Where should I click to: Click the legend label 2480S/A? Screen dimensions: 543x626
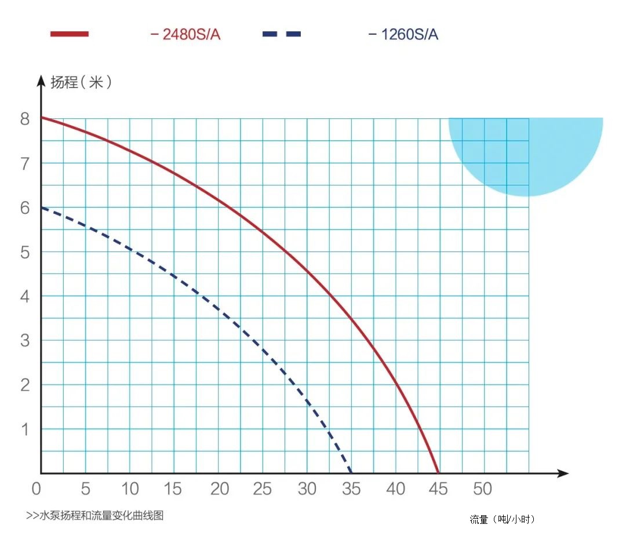click(191, 34)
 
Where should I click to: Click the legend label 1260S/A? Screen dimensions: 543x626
click(409, 34)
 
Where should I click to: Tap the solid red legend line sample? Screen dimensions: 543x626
click(70, 34)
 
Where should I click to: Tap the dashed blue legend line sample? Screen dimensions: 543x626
click(282, 34)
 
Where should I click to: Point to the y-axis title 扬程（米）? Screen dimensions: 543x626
click(81, 82)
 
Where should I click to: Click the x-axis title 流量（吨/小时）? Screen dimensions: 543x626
click(502, 519)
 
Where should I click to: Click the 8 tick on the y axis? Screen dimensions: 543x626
click(24, 119)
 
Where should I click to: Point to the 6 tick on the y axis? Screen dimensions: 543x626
click(24, 208)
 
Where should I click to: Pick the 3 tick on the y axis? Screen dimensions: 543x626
click(24, 341)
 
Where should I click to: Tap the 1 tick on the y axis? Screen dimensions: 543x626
click(24, 429)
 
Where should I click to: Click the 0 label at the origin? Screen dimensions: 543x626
click(36, 489)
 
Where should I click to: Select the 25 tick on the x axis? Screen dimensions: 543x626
click(263, 489)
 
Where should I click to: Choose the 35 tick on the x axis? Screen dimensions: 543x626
click(351, 489)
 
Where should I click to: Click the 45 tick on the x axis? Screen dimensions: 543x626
click(439, 489)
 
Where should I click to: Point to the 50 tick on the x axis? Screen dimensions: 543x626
click(482, 489)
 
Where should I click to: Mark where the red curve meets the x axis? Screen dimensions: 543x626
click(438, 473)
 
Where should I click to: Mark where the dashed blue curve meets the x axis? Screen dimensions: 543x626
click(351, 473)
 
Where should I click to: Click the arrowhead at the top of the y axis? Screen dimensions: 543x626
click(41, 80)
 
